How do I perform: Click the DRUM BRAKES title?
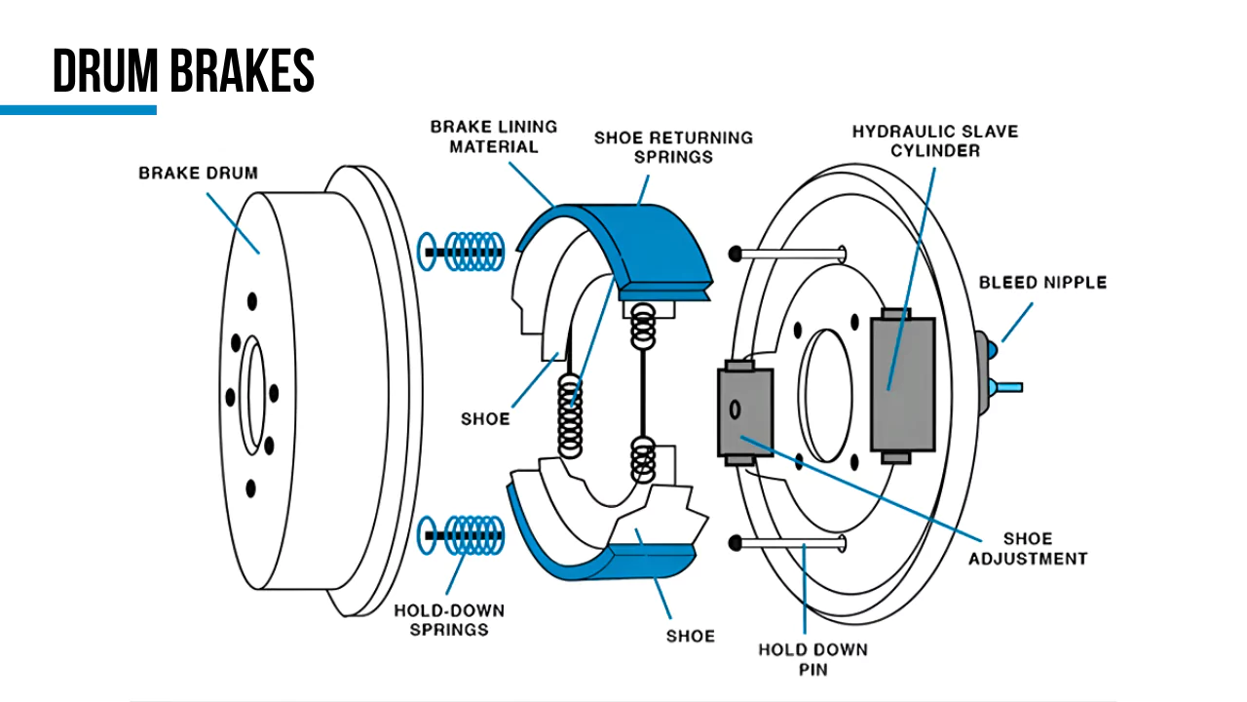coord(183,70)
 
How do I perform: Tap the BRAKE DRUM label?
coord(198,174)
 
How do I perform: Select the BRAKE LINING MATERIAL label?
coord(494,136)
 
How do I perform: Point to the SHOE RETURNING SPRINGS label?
coord(673,147)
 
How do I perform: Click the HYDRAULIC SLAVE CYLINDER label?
coord(934,140)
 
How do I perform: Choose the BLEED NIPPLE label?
coord(1042,283)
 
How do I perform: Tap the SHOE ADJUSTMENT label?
coord(1027,549)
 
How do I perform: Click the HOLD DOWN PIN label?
coord(812,659)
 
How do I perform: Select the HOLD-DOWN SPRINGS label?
coord(449,620)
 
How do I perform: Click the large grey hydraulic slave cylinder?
coord(902,383)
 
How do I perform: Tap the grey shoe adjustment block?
coord(744,412)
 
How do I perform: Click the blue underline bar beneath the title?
coord(78,110)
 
